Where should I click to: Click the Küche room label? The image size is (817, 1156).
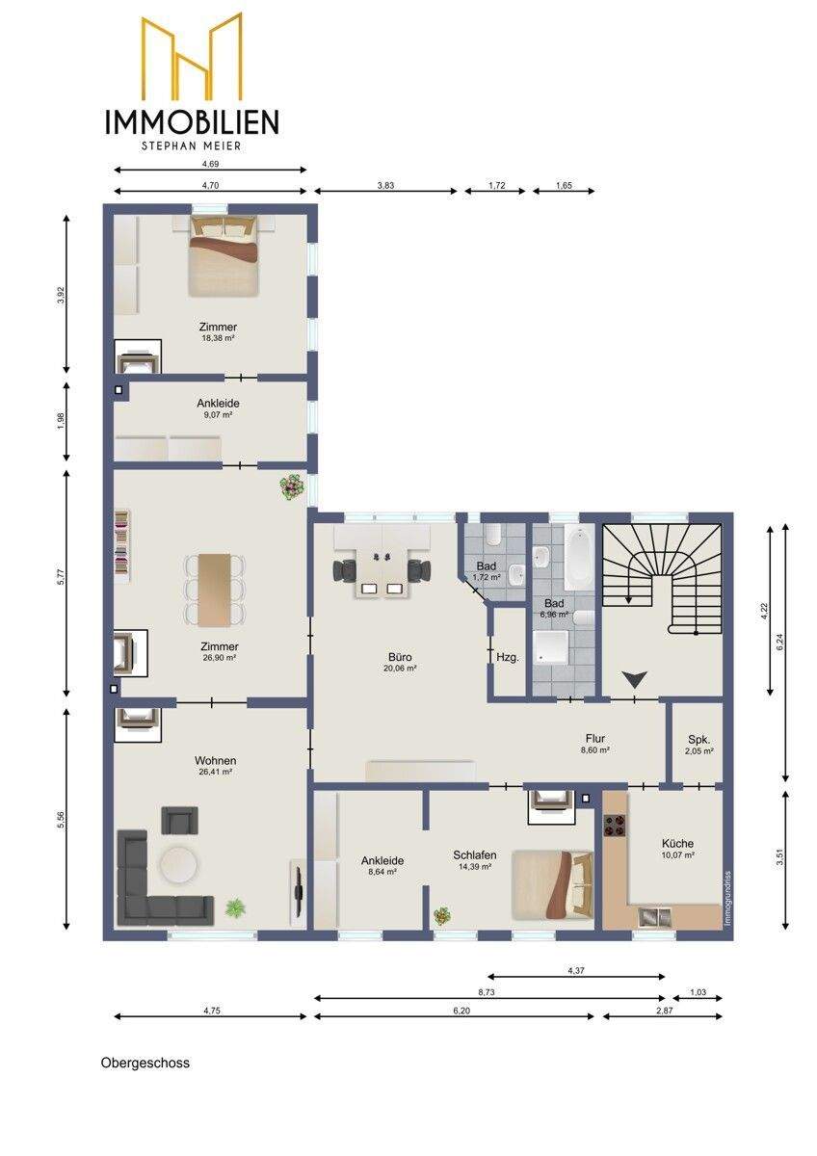(677, 843)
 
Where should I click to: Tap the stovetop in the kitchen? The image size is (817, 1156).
(614, 825)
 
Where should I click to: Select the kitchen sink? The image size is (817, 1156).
(655, 916)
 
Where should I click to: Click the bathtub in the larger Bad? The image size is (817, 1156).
(577, 559)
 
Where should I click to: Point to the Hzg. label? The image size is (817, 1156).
(508, 658)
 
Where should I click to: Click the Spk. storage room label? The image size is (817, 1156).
(698, 739)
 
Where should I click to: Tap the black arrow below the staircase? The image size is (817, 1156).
(635, 679)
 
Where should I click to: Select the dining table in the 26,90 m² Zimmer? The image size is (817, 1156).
(215, 591)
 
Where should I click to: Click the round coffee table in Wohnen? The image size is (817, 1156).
(178, 864)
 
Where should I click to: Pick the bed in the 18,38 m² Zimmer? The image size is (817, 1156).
(223, 255)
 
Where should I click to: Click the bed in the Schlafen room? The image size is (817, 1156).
(552, 885)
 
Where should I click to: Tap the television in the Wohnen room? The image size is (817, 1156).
(299, 884)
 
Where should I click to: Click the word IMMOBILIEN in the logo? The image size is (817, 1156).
(192, 121)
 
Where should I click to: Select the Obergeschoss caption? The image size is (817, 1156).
(145, 1064)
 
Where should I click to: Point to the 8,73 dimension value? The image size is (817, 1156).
(487, 991)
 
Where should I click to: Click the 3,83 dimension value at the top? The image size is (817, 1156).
(385, 185)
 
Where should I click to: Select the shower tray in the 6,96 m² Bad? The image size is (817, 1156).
(551, 647)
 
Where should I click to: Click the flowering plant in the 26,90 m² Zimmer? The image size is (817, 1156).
(291, 486)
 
